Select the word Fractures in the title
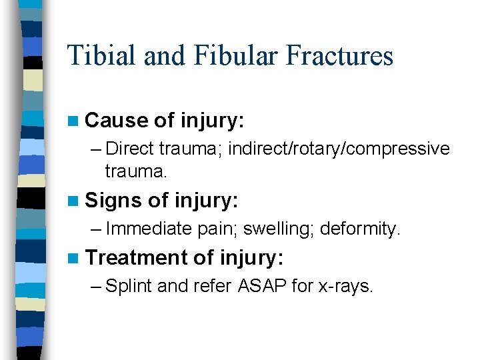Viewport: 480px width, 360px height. (339, 55)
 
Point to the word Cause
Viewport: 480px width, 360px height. (117, 121)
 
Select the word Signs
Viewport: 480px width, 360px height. (115, 200)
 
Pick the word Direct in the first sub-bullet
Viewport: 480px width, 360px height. (129, 149)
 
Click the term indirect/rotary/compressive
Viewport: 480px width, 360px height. (339, 149)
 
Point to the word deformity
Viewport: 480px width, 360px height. (360, 229)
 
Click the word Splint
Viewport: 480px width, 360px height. (129, 286)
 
